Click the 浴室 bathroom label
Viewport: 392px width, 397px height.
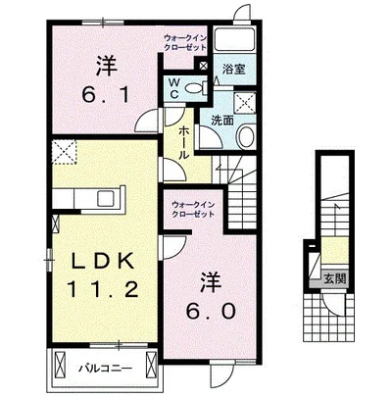tap(234, 69)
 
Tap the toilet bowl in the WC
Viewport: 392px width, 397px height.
tap(195, 87)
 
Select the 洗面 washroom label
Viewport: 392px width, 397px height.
tap(222, 121)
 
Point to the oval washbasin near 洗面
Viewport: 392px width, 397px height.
tap(246, 137)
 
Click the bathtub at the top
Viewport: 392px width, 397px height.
tap(234, 40)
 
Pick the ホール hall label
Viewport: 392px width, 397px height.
tap(184, 143)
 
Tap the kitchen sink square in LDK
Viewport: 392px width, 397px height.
tap(106, 198)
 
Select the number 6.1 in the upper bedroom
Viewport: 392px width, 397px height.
tap(107, 95)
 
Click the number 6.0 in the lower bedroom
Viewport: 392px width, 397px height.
tap(211, 311)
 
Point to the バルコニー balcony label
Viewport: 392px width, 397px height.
tap(106, 369)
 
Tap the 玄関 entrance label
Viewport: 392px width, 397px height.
tap(334, 278)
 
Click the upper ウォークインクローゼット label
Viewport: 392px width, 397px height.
tap(185, 42)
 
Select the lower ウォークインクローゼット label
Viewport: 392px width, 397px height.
tap(193, 210)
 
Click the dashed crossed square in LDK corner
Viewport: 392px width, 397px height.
tap(65, 152)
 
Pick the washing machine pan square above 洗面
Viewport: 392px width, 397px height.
tap(245, 103)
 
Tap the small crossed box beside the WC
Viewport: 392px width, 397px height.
tap(203, 66)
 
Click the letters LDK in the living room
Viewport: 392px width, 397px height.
tap(103, 261)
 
